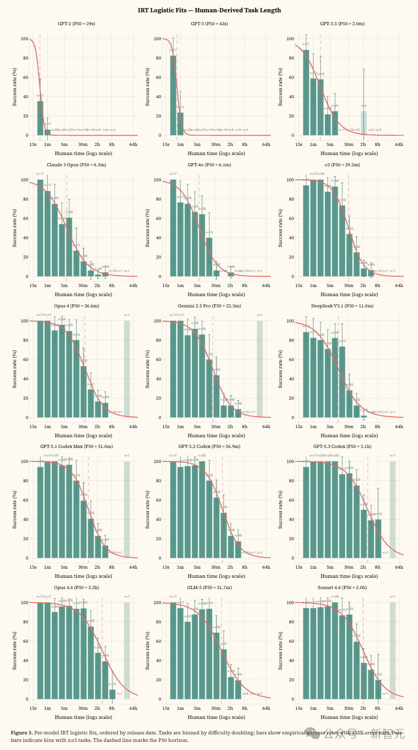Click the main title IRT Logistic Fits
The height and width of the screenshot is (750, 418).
209,10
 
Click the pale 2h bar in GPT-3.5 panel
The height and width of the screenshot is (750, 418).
363,123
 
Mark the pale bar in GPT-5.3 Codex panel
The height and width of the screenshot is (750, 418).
393,510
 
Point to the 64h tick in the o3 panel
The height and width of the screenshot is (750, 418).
399,285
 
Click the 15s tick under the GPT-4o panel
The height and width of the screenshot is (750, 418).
166,285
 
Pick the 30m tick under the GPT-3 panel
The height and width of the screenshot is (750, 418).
215,144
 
